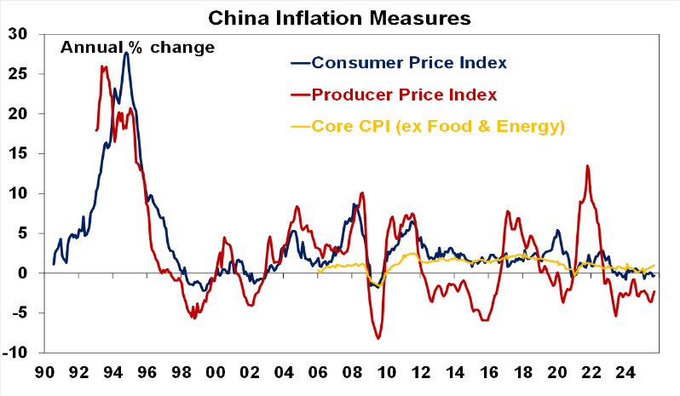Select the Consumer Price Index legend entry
tap(409, 62)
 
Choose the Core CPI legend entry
tap(439, 127)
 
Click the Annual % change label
tap(136, 47)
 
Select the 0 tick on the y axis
tap(23, 273)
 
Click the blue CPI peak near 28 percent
tap(126, 53)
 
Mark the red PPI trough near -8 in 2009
tap(378, 339)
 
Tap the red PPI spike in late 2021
tap(587, 166)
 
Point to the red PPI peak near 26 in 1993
tap(102, 66)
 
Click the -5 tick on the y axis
tap(19, 313)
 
